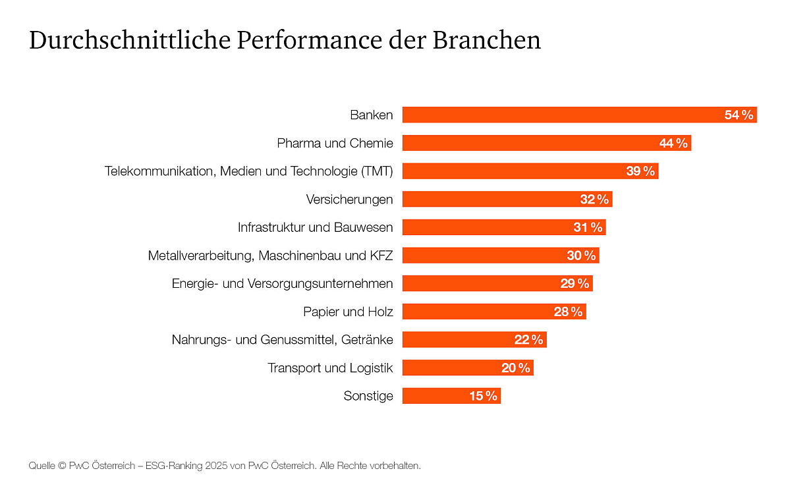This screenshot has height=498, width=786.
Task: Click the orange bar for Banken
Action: pos(560,115)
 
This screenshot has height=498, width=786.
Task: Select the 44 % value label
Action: pos(673,143)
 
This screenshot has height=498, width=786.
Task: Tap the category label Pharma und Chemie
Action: pos(335,143)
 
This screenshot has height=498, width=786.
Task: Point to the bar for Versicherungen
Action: pos(488,199)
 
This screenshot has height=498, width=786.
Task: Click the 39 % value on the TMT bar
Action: pos(640,171)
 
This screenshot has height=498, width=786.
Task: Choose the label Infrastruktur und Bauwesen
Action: pos(315,227)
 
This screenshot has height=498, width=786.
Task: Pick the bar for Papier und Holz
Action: pos(474,312)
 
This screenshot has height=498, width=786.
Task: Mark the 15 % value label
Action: pos(483,396)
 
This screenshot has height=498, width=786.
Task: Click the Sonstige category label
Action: pos(368,396)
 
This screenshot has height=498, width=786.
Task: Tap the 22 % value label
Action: pos(528,340)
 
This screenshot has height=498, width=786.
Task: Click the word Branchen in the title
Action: pos(486,40)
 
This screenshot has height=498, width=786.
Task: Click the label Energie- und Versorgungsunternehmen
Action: pos(282,283)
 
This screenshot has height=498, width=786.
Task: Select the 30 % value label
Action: pos(581,256)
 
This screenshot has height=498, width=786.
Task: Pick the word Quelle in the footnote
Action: pos(42,466)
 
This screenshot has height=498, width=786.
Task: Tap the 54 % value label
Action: pos(739,115)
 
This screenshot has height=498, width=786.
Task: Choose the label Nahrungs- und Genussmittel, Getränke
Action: pos(282,340)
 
